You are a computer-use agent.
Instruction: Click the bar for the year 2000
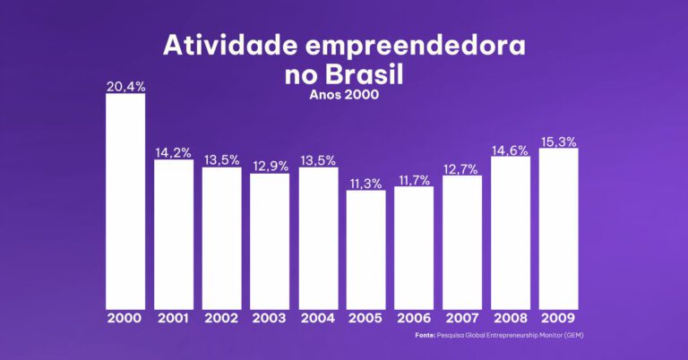click(125, 201)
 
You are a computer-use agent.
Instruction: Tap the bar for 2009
click(558, 228)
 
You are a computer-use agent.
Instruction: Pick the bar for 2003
click(270, 241)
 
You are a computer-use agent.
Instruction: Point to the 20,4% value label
click(125, 87)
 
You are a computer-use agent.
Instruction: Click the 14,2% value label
click(174, 153)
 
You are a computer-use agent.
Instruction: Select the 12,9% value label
click(270, 167)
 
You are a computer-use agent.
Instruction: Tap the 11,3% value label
click(366, 184)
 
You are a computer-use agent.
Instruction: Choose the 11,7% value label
click(414, 180)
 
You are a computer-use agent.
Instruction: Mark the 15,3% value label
click(558, 141)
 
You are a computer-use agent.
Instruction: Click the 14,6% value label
click(511, 150)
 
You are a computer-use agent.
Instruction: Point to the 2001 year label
click(174, 318)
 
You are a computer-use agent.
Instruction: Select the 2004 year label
click(318, 318)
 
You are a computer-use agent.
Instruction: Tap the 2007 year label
click(462, 318)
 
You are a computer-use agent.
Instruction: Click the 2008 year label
click(511, 318)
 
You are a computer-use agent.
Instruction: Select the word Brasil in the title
click(367, 75)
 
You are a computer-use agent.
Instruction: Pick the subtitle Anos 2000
click(344, 95)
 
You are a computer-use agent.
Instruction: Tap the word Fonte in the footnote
click(425, 335)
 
